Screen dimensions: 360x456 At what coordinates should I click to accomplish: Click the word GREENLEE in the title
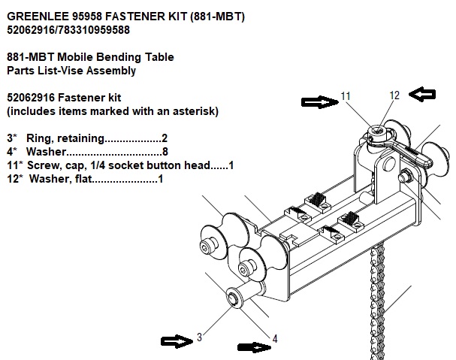point(38,15)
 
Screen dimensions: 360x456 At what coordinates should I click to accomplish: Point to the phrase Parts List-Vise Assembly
point(71,71)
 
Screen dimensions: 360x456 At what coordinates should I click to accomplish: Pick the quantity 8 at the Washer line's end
point(165,153)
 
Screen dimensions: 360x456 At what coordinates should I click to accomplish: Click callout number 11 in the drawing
point(346,96)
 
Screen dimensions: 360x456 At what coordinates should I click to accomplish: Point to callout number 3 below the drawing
point(199,339)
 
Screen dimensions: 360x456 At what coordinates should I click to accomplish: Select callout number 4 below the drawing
point(276,339)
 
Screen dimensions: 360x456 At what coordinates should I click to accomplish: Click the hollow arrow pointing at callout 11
point(319,101)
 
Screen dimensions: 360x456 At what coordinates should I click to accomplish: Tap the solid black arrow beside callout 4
point(254,346)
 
